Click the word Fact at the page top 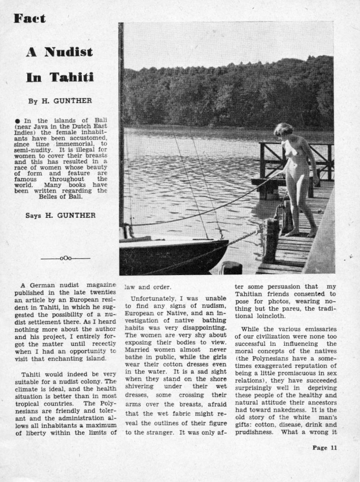(x=30, y=18)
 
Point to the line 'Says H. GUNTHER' (x=60, y=216)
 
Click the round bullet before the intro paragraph (x=17, y=120)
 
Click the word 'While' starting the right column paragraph (x=250, y=329)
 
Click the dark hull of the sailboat (x=173, y=257)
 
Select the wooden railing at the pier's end (x=295, y=155)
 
